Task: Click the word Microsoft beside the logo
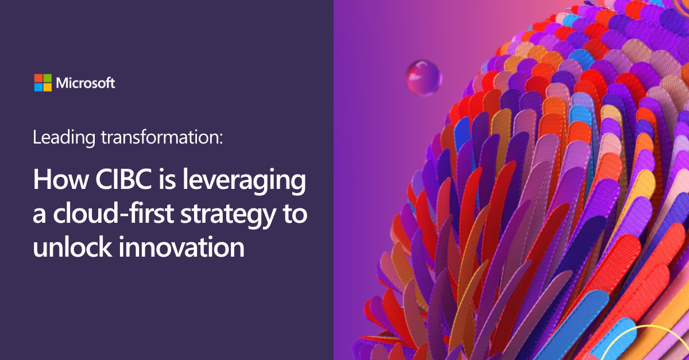pos(86,83)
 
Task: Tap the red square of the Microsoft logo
pos(38,78)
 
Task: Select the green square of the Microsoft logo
pos(47,78)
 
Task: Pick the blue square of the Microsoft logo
pos(38,87)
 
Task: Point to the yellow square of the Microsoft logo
pos(47,87)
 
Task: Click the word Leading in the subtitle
pos(64,138)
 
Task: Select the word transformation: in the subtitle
pos(162,137)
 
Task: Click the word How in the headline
pos(61,179)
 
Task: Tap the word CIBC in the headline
pos(123,179)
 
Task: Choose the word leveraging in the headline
pos(244,181)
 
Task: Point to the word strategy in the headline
pos(228,215)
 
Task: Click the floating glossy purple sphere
pos(424,78)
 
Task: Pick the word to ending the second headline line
pos(295,214)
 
